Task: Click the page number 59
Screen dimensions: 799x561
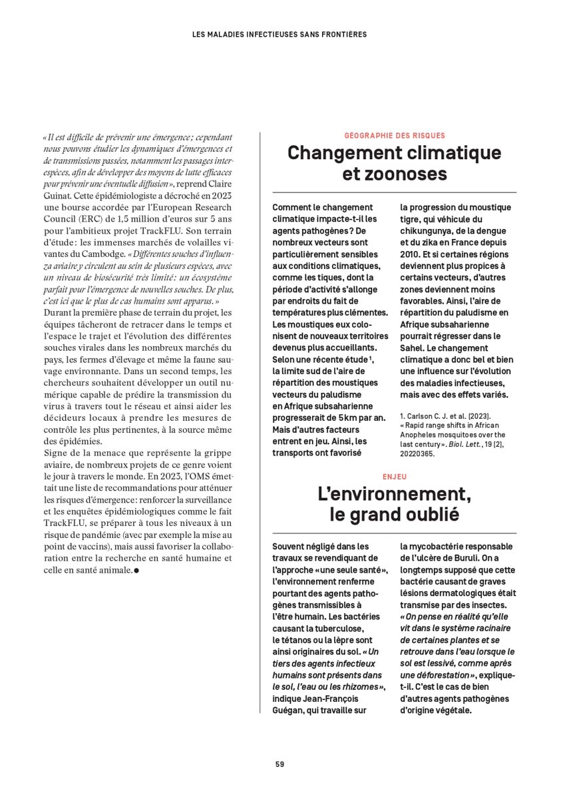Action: point(280,764)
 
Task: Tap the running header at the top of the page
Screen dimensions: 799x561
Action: point(280,34)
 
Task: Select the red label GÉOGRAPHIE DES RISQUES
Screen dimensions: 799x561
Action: point(395,135)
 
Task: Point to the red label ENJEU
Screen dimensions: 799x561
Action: point(395,477)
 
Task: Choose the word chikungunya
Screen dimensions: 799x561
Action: point(430,230)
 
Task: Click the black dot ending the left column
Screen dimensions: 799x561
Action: point(136,571)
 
